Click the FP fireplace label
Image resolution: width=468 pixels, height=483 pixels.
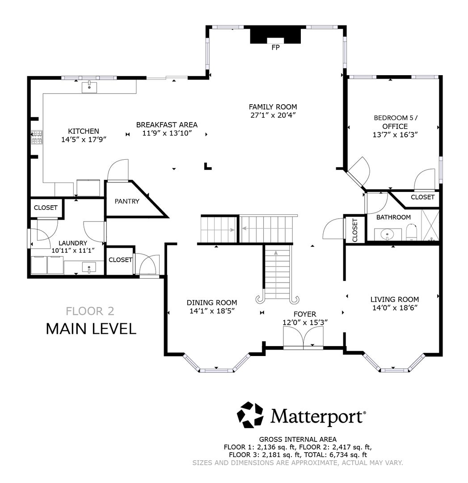click(x=275, y=47)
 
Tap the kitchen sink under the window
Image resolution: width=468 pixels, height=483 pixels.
click(x=89, y=86)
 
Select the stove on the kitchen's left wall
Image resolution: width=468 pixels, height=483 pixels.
click(x=36, y=137)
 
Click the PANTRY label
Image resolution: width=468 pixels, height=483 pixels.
click(x=127, y=201)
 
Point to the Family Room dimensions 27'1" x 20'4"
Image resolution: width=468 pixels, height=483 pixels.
click(x=273, y=115)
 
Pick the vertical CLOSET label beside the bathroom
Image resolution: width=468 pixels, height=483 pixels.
click(x=355, y=230)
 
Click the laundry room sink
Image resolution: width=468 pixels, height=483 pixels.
click(x=89, y=268)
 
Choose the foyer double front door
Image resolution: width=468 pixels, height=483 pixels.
click(x=303, y=338)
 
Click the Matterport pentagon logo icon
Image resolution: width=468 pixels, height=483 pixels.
click(x=250, y=415)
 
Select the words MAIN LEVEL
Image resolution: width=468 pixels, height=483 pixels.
click(x=91, y=329)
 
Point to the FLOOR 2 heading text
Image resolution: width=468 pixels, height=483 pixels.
click(x=90, y=310)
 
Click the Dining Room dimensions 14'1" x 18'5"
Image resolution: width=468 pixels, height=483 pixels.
click(x=212, y=311)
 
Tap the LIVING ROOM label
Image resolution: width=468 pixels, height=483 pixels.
click(x=394, y=300)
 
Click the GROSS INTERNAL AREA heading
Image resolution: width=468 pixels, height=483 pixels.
click(x=298, y=440)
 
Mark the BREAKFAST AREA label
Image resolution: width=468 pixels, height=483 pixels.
click(x=167, y=125)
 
